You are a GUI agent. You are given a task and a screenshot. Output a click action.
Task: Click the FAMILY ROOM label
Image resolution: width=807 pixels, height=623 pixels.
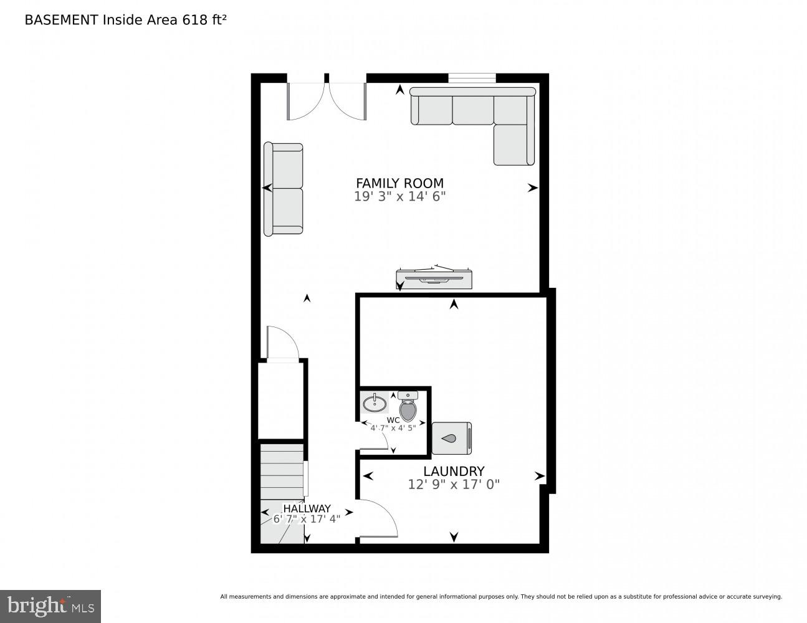pyautogui.click(x=399, y=183)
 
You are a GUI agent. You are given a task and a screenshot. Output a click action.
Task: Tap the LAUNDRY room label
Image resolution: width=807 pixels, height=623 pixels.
pyautogui.click(x=454, y=472)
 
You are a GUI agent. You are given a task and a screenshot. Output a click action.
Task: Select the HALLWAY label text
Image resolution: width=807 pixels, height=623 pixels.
pyautogui.click(x=307, y=508)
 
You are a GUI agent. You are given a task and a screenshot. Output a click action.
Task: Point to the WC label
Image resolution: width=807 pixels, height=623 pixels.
pyautogui.click(x=393, y=420)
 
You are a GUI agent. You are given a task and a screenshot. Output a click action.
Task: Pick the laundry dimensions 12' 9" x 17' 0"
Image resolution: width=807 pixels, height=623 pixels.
pyautogui.click(x=454, y=484)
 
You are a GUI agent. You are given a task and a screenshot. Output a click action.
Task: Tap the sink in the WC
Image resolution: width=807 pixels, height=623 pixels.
pyautogui.click(x=375, y=402)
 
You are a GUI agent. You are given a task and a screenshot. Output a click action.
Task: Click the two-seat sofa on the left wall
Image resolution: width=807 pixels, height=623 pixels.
pyautogui.click(x=284, y=189)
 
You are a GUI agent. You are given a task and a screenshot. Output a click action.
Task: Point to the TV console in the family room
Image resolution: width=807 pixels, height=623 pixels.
pyautogui.click(x=434, y=278)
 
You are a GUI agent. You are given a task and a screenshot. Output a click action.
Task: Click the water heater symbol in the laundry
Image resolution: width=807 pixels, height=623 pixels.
pyautogui.click(x=451, y=438)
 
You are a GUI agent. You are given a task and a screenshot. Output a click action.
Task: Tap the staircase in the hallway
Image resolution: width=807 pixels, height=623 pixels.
pyautogui.click(x=282, y=492)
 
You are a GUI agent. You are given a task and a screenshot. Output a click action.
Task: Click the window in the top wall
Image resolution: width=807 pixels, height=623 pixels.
pyautogui.click(x=472, y=78)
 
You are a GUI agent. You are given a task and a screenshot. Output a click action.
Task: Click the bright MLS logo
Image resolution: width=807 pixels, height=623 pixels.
pyautogui.click(x=50, y=606)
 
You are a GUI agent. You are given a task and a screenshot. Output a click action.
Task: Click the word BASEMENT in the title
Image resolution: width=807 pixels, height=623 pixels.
pyautogui.click(x=61, y=20)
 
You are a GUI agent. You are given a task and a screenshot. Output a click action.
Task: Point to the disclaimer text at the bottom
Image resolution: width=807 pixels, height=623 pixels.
pyautogui.click(x=500, y=596)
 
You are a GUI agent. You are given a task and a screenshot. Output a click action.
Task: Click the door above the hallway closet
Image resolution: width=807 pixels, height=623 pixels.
pyautogui.click(x=282, y=344)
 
